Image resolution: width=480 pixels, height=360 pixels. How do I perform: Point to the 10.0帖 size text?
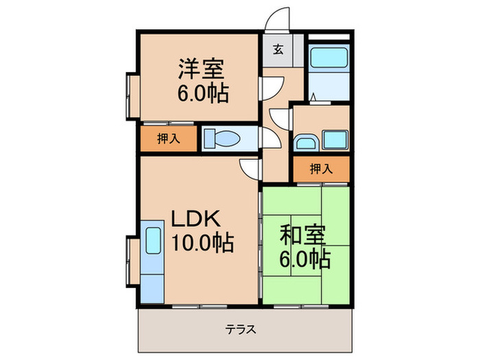click(202, 242)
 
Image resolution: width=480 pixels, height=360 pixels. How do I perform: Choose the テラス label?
click(241, 329)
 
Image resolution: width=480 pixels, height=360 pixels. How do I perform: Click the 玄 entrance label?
click(278, 49)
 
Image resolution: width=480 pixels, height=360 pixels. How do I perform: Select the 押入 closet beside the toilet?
click(169, 139)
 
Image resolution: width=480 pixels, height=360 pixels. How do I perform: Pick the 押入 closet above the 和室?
click(321, 169)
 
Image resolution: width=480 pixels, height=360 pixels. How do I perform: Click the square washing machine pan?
click(336, 141)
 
